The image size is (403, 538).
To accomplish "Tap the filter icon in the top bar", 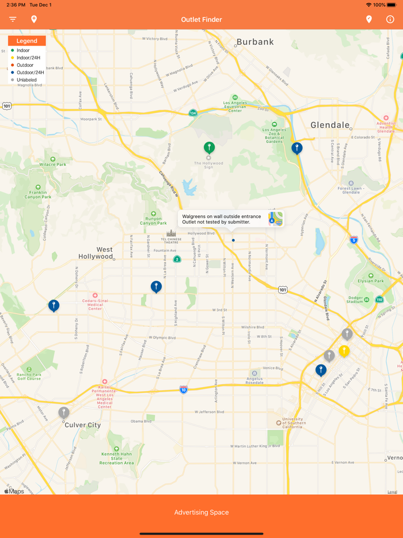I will coord(13,19).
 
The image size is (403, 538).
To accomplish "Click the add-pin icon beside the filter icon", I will coord(34,19).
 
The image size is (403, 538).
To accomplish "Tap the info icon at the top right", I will coord(390,19).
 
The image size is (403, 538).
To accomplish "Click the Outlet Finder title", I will coord(201,20).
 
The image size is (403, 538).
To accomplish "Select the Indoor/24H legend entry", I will coord(28,58).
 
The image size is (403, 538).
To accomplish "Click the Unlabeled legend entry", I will coord(26,79).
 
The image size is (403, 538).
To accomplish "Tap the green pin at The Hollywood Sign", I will coord(209,147).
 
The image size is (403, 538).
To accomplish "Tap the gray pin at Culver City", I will coord(64,412).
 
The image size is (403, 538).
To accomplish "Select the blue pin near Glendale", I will coord(296,148).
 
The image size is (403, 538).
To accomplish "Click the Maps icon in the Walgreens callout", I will coord(275,219).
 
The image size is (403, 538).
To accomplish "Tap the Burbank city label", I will coord(255,42).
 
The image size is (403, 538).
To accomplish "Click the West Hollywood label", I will coord(96,253).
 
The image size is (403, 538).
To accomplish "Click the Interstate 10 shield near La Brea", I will coord(183,389).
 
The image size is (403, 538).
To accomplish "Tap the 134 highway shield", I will coord(193,113).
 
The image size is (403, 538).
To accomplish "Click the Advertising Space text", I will coord(201,512).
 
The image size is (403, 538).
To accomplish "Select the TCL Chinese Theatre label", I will coord(171,239).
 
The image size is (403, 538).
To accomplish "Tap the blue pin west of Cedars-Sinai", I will coord(54,305).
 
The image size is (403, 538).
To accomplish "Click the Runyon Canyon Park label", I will coord(153,221).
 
